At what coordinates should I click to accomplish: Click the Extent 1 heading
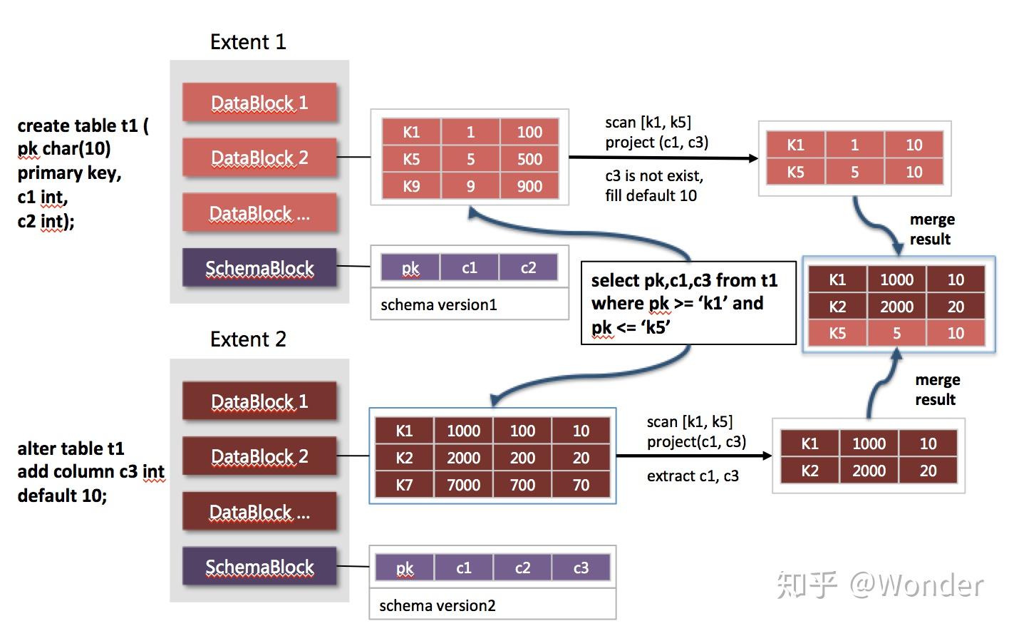coord(248,42)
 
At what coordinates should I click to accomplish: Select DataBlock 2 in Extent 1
coord(259,158)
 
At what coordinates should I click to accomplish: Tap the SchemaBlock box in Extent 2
coord(259,567)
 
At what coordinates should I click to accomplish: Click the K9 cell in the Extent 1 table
coord(411,186)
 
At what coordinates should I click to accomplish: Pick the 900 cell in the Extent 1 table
coord(529,186)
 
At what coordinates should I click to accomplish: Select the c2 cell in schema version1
coord(528,267)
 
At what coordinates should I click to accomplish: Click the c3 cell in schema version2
coord(581,568)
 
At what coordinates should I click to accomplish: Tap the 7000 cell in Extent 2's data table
coord(463,485)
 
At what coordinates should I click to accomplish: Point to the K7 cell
coord(404,485)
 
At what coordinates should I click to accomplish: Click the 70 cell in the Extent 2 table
coord(581,485)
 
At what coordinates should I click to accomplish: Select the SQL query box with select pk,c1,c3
coord(688,303)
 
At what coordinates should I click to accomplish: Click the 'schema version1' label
coord(438,304)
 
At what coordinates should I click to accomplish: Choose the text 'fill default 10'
coord(651,195)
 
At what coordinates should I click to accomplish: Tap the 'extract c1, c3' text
coord(693,476)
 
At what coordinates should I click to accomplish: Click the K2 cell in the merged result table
coord(837,307)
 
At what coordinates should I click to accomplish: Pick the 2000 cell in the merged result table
coord(896,307)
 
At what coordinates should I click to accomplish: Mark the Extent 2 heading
coord(248,339)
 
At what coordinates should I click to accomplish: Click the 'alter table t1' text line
coord(71,448)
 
